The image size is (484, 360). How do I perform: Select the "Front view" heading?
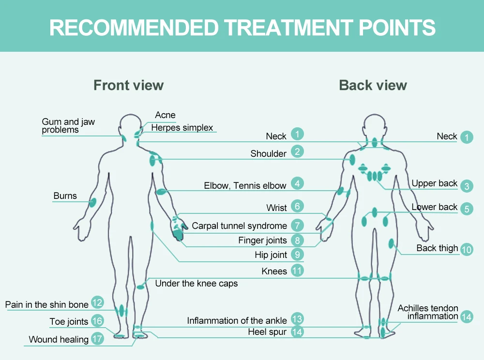128,86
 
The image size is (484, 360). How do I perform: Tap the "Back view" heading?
373,86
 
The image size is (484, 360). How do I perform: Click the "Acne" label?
165,115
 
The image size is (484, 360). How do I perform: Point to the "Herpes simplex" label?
182,128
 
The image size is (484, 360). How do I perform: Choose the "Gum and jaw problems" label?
68,126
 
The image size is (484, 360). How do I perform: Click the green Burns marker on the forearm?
92,202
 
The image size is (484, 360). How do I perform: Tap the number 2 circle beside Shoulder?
297,151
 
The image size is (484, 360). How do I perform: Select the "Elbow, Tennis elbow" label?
245,186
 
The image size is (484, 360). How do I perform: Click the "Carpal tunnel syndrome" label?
239,226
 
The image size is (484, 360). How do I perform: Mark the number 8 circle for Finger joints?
297,240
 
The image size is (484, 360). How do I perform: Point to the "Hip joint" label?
271,255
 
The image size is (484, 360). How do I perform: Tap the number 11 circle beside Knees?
297,270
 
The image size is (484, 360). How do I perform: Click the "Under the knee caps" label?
196,284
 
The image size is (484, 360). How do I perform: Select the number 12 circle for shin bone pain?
97,303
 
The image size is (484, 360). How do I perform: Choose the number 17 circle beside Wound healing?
97,338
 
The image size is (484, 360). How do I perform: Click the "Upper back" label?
434,183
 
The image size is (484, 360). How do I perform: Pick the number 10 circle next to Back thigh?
467,249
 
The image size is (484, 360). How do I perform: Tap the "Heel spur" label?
267,332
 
